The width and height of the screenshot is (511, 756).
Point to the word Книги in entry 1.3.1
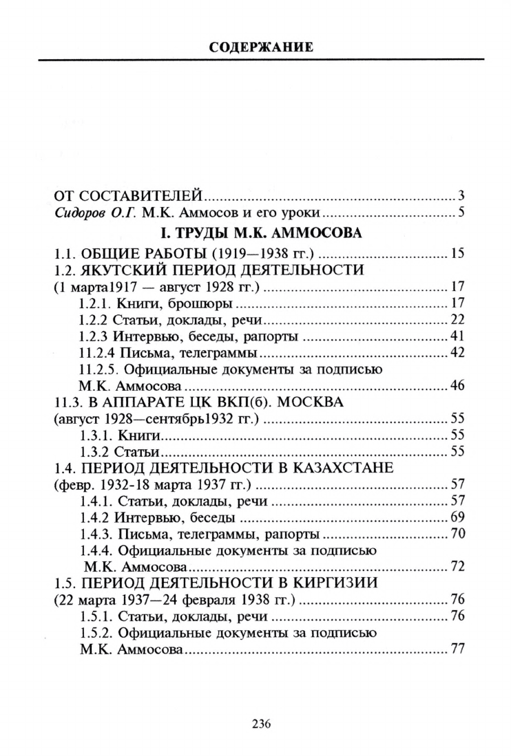139,435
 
